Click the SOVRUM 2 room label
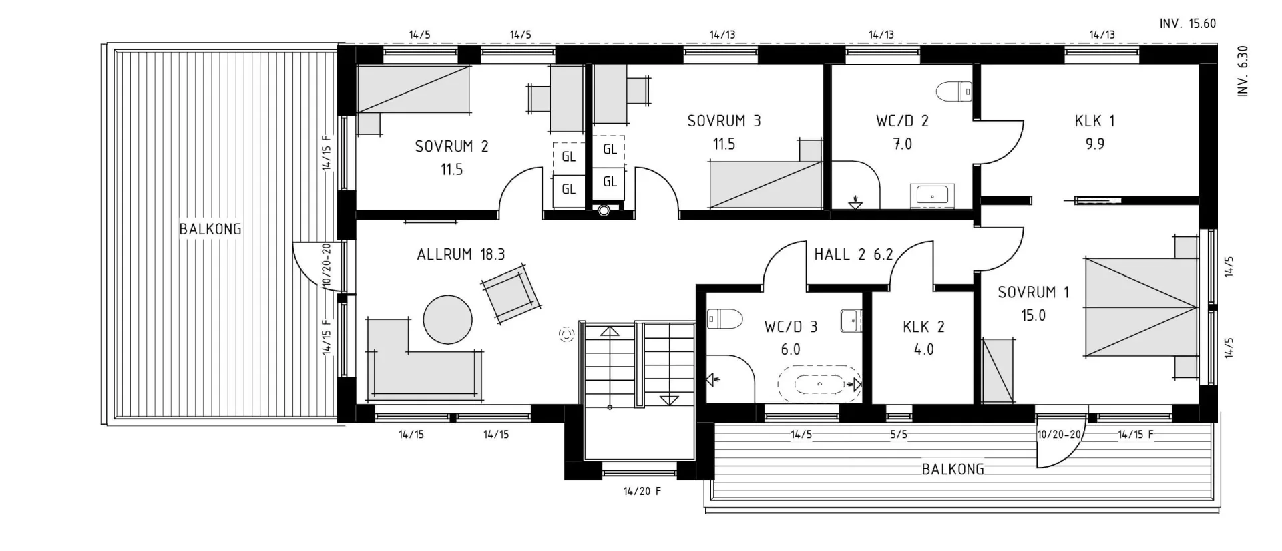click(x=451, y=146)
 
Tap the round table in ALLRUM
click(x=447, y=320)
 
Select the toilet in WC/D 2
click(x=953, y=91)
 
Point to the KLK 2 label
click(x=923, y=327)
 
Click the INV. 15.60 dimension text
click(x=1187, y=23)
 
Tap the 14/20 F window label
click(x=642, y=491)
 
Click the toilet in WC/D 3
click(x=724, y=319)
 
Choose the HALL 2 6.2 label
click(x=853, y=254)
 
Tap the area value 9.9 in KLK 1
click(x=1094, y=144)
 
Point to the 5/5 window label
click(x=898, y=435)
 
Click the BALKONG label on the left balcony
click(x=210, y=229)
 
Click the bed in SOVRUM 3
click(x=765, y=184)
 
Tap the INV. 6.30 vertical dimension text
click(x=1243, y=71)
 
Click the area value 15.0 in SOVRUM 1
click(x=1033, y=315)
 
